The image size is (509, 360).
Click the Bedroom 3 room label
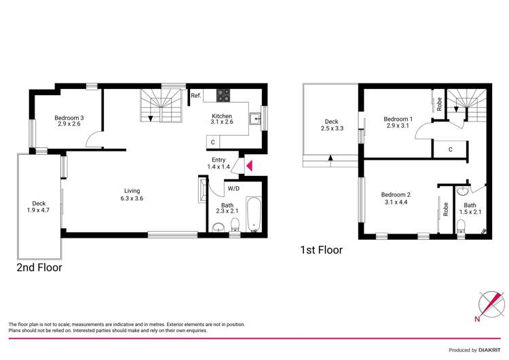69,120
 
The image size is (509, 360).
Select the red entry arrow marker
249,166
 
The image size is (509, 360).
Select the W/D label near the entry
233,188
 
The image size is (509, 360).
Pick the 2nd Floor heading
39,268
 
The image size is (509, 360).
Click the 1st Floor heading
321,250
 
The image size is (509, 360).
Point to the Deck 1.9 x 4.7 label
38,206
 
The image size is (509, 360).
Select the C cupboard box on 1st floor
451,149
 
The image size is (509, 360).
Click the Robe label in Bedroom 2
446,209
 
